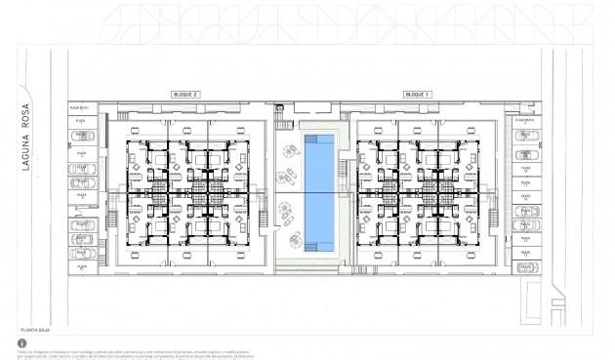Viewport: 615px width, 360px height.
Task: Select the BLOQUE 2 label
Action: click(184, 94)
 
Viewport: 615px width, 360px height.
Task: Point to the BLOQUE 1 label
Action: click(419, 94)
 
